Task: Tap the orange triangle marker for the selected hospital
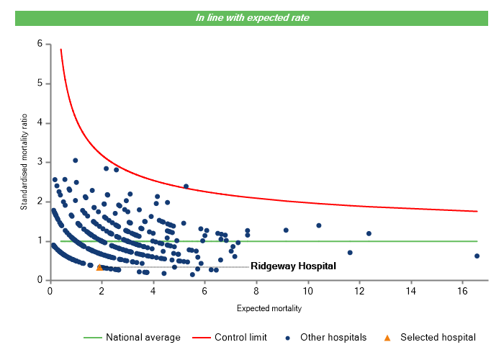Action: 99,267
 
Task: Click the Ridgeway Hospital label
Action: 293,266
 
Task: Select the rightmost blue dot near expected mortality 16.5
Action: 477,256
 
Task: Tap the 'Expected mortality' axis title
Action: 269,309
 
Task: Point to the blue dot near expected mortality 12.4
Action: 369,233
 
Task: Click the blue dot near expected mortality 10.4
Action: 318,225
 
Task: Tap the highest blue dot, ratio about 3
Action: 75,161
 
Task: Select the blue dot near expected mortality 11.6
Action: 350,253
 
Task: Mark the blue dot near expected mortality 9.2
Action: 286,230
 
